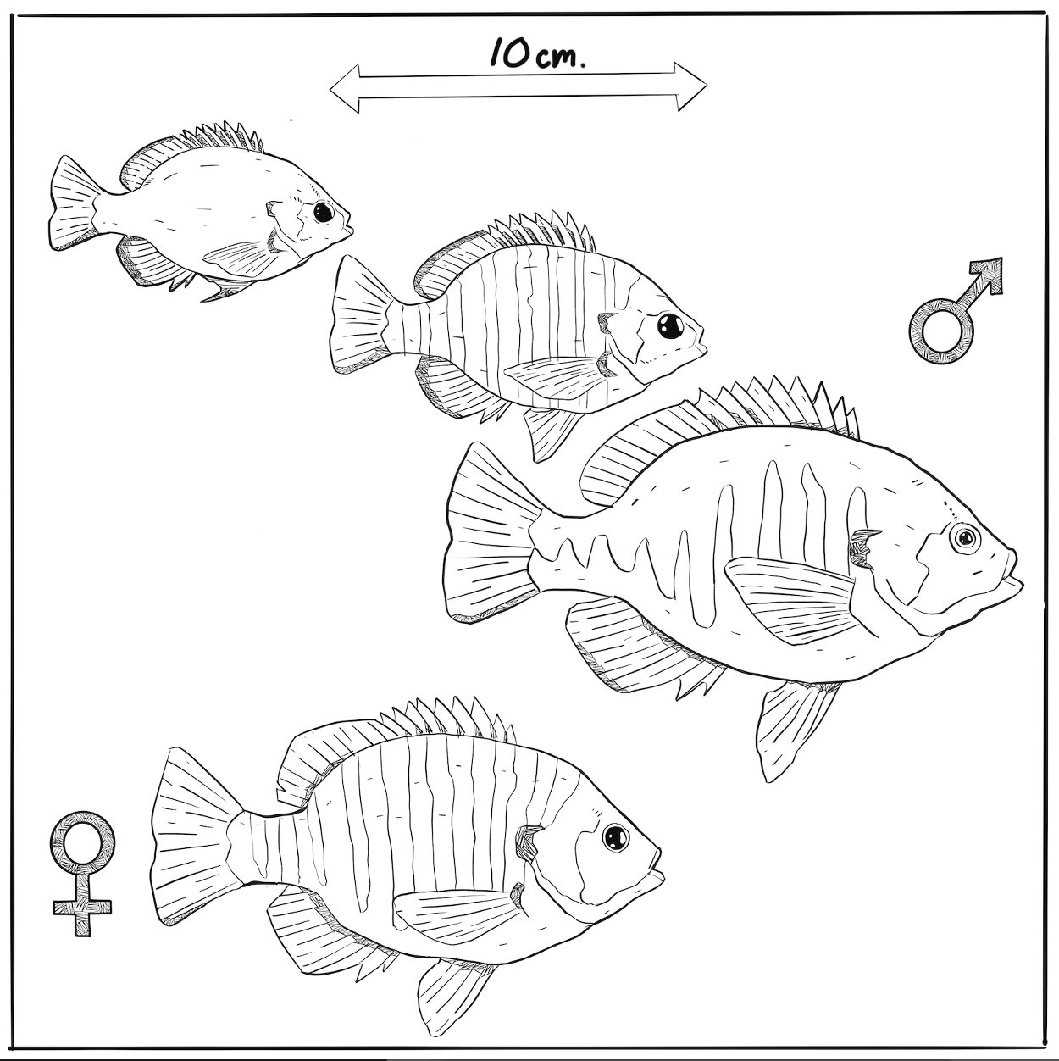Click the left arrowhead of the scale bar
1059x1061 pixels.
(345, 89)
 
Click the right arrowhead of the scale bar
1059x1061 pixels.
(691, 86)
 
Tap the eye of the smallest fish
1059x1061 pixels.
(324, 212)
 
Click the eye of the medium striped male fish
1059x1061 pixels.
(671, 326)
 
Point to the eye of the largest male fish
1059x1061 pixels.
(965, 536)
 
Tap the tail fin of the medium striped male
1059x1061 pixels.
(361, 315)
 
